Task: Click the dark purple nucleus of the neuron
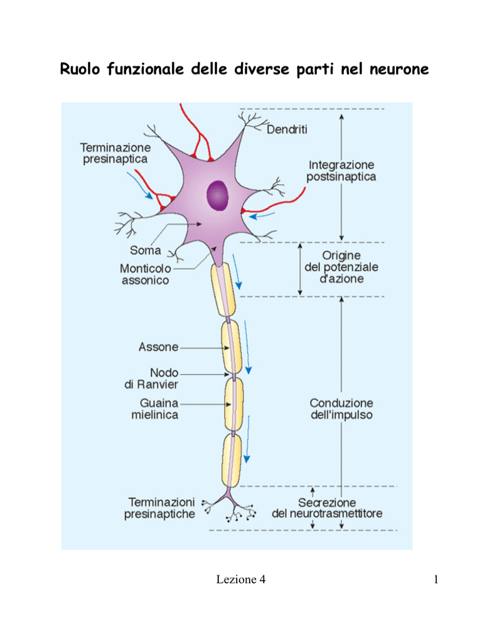click(x=217, y=195)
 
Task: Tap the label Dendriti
click(x=287, y=129)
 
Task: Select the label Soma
click(x=145, y=250)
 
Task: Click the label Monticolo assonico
click(x=145, y=274)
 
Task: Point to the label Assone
click(x=158, y=347)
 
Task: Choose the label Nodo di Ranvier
click(x=151, y=379)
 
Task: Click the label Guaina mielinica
click(x=155, y=409)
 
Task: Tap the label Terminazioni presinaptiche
click(x=159, y=508)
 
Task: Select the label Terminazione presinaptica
click(x=115, y=153)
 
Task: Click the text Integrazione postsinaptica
click(x=341, y=171)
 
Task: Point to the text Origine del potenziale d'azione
click(x=341, y=267)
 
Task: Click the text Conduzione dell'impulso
click(x=341, y=409)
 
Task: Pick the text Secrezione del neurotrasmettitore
click(x=327, y=508)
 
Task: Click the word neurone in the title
click(x=399, y=69)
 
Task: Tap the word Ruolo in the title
click(x=80, y=68)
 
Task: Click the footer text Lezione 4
click(x=241, y=579)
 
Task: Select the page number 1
click(x=436, y=579)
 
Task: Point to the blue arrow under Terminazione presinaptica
click(x=139, y=185)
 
